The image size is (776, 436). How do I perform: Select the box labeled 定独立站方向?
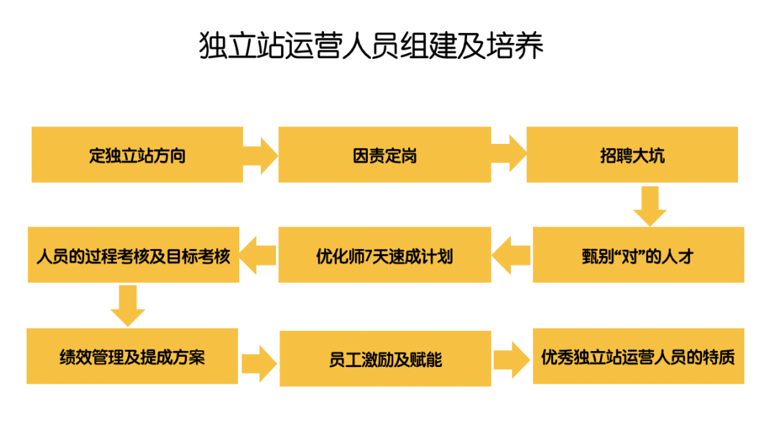click(137, 155)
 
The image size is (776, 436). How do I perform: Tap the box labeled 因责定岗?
click(384, 155)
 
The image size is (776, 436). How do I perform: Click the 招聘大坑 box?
click(632, 155)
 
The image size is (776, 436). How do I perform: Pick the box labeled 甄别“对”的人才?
click(637, 255)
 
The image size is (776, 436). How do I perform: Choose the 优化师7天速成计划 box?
click(384, 255)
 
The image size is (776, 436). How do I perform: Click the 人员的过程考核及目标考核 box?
click(133, 255)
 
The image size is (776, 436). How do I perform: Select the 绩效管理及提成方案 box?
click(132, 356)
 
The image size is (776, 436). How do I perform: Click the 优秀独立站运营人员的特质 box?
click(638, 356)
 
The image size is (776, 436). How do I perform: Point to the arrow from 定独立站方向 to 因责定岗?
click(259, 153)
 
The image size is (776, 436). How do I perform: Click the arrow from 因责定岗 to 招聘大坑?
click(509, 153)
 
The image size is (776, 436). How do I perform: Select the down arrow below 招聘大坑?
click(650, 206)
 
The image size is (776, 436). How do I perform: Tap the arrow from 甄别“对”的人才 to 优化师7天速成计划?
click(512, 255)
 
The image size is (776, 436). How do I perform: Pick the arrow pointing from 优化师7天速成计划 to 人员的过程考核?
click(258, 255)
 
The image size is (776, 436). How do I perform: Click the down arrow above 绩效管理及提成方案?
click(128, 306)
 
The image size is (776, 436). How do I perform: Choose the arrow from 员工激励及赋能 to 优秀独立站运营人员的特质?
click(512, 358)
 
